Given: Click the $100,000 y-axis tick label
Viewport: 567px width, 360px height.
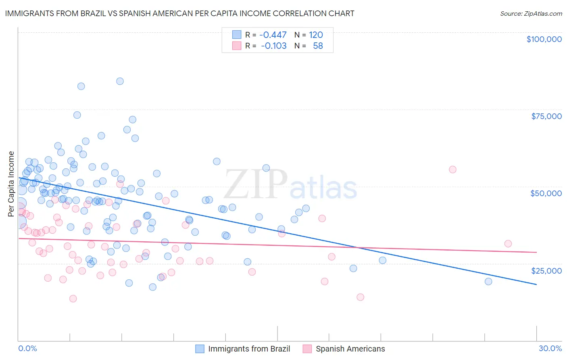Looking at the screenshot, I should (x=544, y=39).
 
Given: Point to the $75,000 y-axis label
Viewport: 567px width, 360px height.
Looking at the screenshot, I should (x=546, y=116).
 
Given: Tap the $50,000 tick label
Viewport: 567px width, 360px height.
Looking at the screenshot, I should (x=546, y=193).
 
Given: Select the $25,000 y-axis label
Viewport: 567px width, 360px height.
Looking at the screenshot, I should (x=546, y=270).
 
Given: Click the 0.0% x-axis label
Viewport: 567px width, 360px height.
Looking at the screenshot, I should (x=27, y=348).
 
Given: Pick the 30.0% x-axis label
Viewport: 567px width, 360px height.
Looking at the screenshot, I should (x=550, y=348).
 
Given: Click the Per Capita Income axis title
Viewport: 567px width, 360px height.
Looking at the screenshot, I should (x=11, y=184).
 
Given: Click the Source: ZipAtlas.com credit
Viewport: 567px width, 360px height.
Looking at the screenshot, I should (x=531, y=14).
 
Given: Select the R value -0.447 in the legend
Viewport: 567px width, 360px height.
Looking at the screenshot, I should (x=273, y=35).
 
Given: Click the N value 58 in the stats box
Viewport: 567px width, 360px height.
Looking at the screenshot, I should (x=318, y=46).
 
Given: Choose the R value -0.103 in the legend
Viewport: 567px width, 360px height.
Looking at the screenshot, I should (x=273, y=46).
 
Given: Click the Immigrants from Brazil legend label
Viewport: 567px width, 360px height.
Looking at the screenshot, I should (x=249, y=349).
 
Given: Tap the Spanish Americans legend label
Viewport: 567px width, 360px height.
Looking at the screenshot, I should (x=350, y=349).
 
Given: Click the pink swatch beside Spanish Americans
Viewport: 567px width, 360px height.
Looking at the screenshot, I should (x=307, y=349).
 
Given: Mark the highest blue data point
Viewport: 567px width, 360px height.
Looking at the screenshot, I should (x=120, y=81).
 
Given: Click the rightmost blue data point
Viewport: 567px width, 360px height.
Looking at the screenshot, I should (x=488, y=282).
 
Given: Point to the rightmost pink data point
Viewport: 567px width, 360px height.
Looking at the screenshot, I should (x=508, y=244).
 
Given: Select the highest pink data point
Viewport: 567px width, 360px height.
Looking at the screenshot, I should (x=452, y=170).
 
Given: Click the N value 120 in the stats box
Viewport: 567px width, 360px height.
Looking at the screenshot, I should (x=316, y=35).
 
